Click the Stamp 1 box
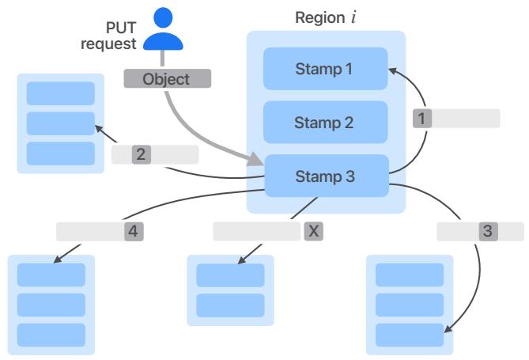[x=325, y=69]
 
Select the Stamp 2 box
[x=325, y=123]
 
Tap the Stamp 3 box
[x=325, y=176]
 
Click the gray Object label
[x=166, y=79]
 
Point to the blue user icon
[x=162, y=28]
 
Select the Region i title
[x=325, y=17]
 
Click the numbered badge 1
[x=423, y=119]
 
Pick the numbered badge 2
[x=141, y=154]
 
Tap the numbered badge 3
[x=488, y=231]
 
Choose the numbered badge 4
[x=133, y=231]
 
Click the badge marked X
[x=313, y=231]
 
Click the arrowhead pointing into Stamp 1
[x=391, y=71]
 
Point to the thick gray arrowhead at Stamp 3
[x=256, y=161]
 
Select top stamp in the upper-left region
[x=60, y=93]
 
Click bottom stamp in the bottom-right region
[x=410, y=335]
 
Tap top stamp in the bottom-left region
[x=51, y=275]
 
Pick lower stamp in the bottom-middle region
[x=230, y=305]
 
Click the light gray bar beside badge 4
[x=89, y=231]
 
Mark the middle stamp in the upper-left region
[x=60, y=123]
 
